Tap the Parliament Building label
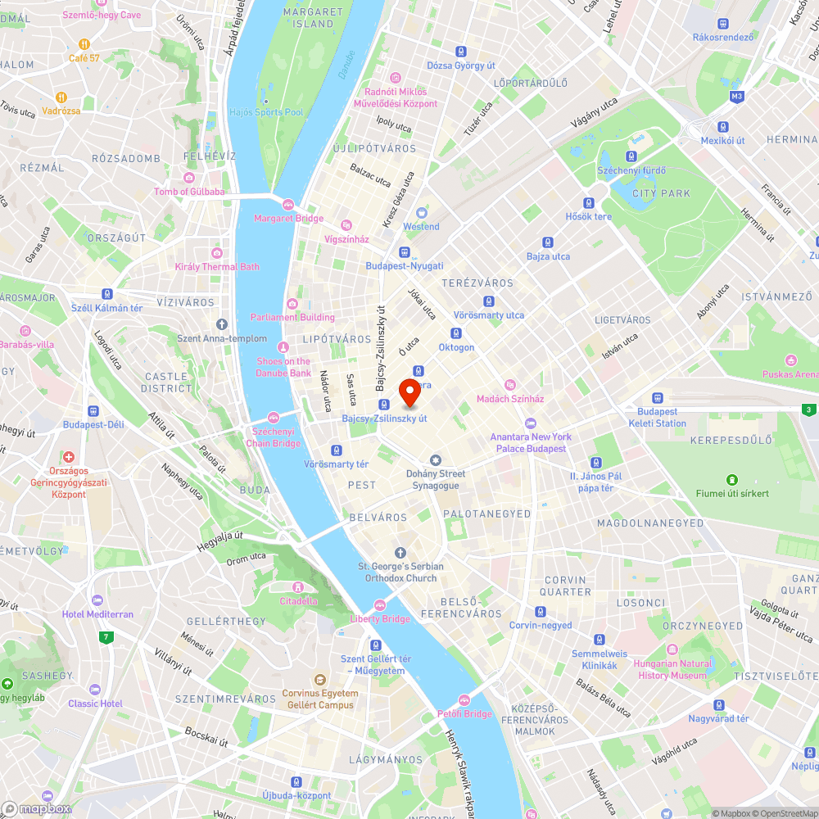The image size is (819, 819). pyautogui.click(x=293, y=318)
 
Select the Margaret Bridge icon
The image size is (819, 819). pyautogui.click(x=287, y=204)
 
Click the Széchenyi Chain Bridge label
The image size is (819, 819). pyautogui.click(x=274, y=437)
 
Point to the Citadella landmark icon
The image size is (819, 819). pyautogui.click(x=298, y=586)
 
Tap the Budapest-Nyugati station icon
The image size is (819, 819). pyautogui.click(x=404, y=252)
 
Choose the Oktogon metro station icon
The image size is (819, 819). pyautogui.click(x=456, y=333)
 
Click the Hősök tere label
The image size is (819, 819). pyautogui.click(x=588, y=217)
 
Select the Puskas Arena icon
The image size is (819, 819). pyautogui.click(x=790, y=360)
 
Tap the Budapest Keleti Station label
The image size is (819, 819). pyautogui.click(x=657, y=418)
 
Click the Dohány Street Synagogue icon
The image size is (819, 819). pyautogui.click(x=436, y=459)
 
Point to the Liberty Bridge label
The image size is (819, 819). pyautogui.click(x=380, y=619)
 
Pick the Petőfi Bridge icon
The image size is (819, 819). pyautogui.click(x=464, y=699)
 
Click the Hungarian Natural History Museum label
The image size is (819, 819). pyautogui.click(x=672, y=669)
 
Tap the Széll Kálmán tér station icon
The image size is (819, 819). pyautogui.click(x=106, y=294)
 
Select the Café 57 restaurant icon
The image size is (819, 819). pyautogui.click(x=84, y=44)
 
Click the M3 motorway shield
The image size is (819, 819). pyautogui.click(x=736, y=96)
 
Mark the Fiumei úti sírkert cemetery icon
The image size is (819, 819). pyautogui.click(x=732, y=479)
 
